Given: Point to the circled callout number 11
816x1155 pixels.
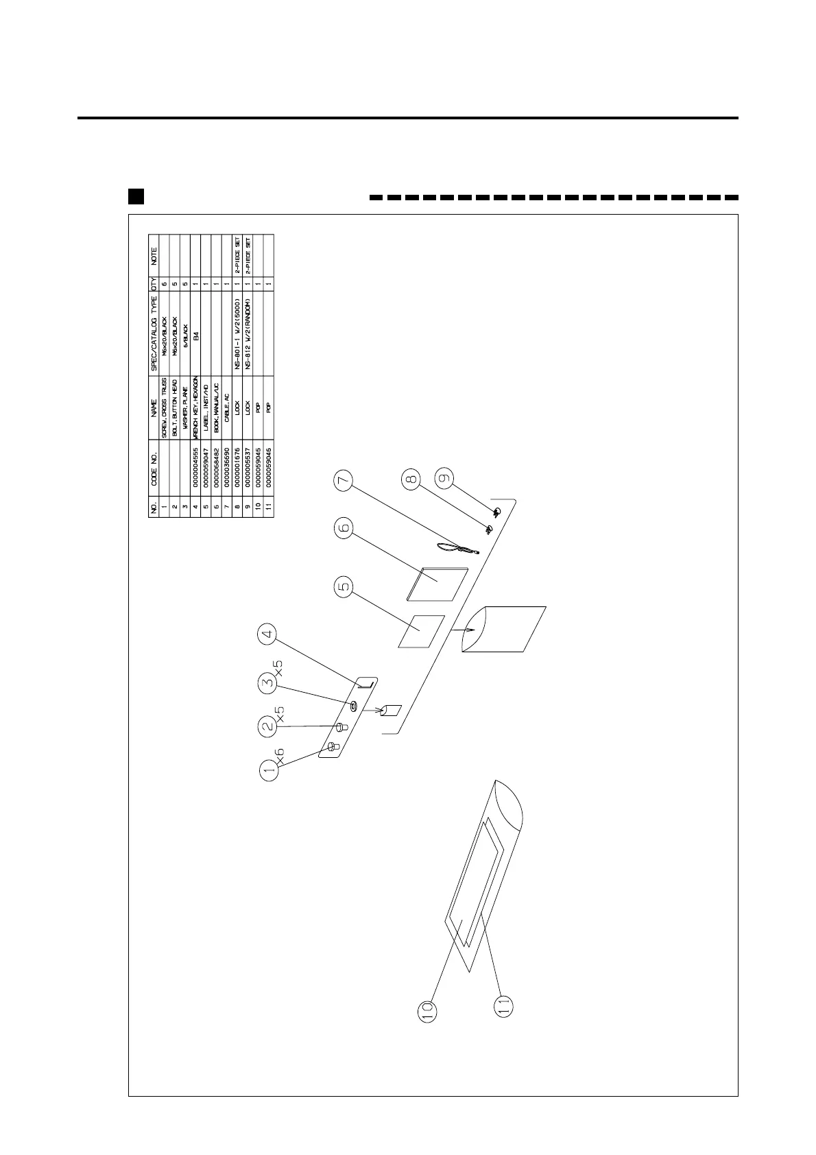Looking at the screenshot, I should [502, 1005].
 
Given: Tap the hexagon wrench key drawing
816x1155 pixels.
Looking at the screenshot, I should [367, 682].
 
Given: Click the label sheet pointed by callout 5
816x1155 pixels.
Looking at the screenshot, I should [421, 630].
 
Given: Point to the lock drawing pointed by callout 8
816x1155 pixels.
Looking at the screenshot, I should [489, 529].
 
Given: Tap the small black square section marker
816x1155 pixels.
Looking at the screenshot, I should [136, 197].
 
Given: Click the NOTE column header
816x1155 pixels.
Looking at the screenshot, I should [154, 256].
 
